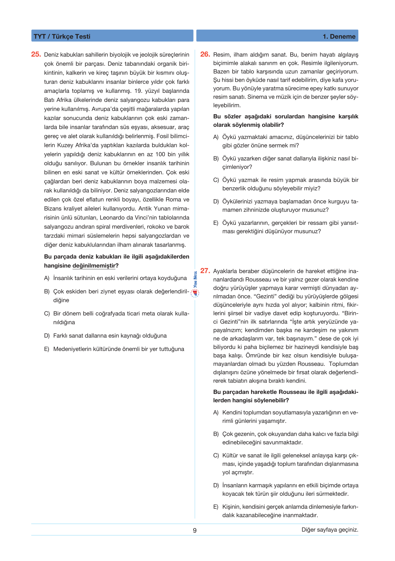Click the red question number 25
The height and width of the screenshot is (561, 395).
pos(36,55)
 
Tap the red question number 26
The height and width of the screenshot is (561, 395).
pos(205,55)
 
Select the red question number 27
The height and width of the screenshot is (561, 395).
pos(205,271)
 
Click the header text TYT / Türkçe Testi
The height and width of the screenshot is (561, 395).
pos(62,36)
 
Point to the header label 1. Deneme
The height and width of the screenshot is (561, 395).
pos(339,36)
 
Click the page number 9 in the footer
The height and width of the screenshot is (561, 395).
pos(195,531)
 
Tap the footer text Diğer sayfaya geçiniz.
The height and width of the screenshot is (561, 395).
pos(330,530)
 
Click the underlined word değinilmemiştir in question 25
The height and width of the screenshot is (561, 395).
pos(94,266)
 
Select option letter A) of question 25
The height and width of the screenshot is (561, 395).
pos(47,278)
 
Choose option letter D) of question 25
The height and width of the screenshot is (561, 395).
pos(47,336)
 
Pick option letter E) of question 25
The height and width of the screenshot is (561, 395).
pos(47,349)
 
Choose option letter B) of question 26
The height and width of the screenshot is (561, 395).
pos(216,159)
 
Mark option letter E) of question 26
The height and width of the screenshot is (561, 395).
pos(216,223)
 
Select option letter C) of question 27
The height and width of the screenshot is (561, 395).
pos(216,456)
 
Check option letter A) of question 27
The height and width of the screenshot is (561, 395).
pos(216,413)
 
